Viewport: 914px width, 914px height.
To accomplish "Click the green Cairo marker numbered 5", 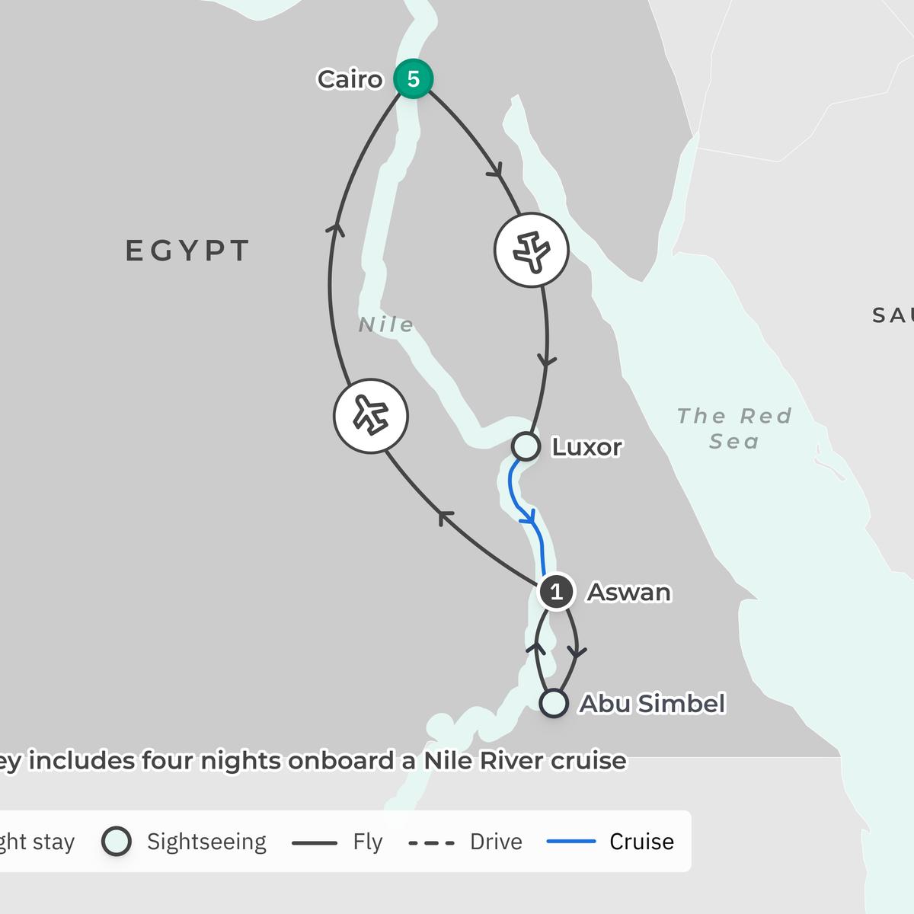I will pyautogui.click(x=414, y=78).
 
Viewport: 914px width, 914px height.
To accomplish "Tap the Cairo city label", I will pyautogui.click(x=350, y=79).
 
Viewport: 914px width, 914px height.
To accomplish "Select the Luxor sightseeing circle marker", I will pyautogui.click(x=526, y=446).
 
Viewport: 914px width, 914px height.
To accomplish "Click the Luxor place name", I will pyautogui.click(x=586, y=447).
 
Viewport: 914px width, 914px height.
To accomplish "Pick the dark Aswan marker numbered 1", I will pyautogui.click(x=556, y=592).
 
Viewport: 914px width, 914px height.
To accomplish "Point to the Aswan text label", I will pyautogui.click(x=628, y=592).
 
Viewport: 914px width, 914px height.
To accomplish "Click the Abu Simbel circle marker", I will pyautogui.click(x=554, y=703).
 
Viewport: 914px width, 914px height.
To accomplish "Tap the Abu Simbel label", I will pyautogui.click(x=652, y=704).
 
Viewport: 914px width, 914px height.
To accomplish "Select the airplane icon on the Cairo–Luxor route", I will pyautogui.click(x=532, y=250).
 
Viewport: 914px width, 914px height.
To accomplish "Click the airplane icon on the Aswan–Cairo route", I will pyautogui.click(x=371, y=416).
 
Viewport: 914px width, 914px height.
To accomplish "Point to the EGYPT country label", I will pyautogui.click(x=187, y=251).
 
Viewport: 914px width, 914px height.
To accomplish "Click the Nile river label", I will pyautogui.click(x=386, y=325).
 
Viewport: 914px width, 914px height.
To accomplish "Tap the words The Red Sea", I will pyautogui.click(x=734, y=428).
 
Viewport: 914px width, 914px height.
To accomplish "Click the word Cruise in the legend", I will pyautogui.click(x=641, y=842).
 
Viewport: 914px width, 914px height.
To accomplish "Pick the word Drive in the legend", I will pyautogui.click(x=496, y=842).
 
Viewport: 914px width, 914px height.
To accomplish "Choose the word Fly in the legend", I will pyautogui.click(x=367, y=842).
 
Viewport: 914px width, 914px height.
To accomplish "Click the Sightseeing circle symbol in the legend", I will pyautogui.click(x=117, y=842).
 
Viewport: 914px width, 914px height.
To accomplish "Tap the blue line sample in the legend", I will pyautogui.click(x=571, y=842).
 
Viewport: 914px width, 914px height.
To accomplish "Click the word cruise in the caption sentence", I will pyautogui.click(x=588, y=760).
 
